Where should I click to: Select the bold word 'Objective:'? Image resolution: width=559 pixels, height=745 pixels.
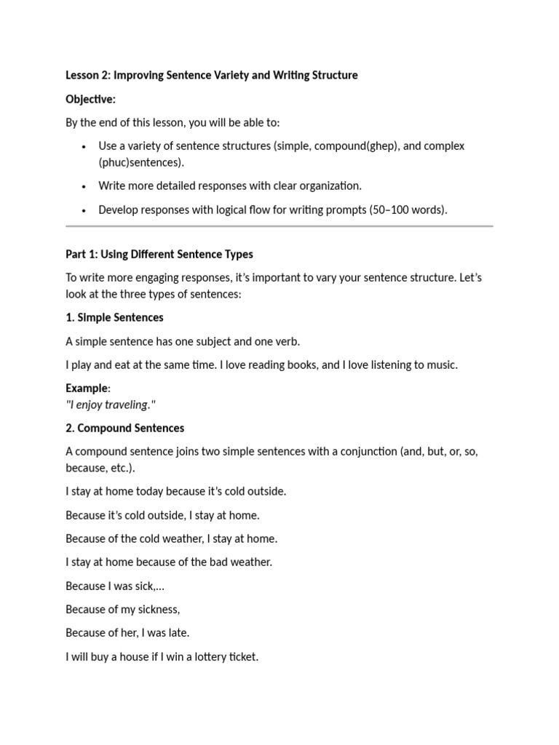coord(90,99)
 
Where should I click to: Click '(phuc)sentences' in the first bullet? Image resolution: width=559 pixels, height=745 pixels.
coord(140,162)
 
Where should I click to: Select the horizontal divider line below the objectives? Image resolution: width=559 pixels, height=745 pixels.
coord(279,226)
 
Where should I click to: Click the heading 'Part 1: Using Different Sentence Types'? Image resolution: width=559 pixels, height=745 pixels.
coord(159,254)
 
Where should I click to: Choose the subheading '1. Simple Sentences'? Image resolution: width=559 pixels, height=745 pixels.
coord(114,317)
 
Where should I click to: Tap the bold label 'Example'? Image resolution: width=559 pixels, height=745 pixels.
coord(86,388)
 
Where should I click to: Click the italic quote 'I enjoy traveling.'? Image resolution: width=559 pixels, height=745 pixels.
coord(111,405)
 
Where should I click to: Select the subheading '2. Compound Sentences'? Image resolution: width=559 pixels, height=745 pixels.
coord(124,428)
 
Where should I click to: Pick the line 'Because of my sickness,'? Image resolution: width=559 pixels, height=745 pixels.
coord(122,609)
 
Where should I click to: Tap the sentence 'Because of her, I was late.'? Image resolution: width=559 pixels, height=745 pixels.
coord(127,632)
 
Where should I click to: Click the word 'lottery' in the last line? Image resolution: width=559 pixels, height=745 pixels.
coord(205,656)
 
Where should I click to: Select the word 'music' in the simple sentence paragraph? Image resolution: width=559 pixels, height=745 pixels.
coord(441,364)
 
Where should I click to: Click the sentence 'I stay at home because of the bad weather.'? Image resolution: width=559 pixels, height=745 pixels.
coord(168,562)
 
